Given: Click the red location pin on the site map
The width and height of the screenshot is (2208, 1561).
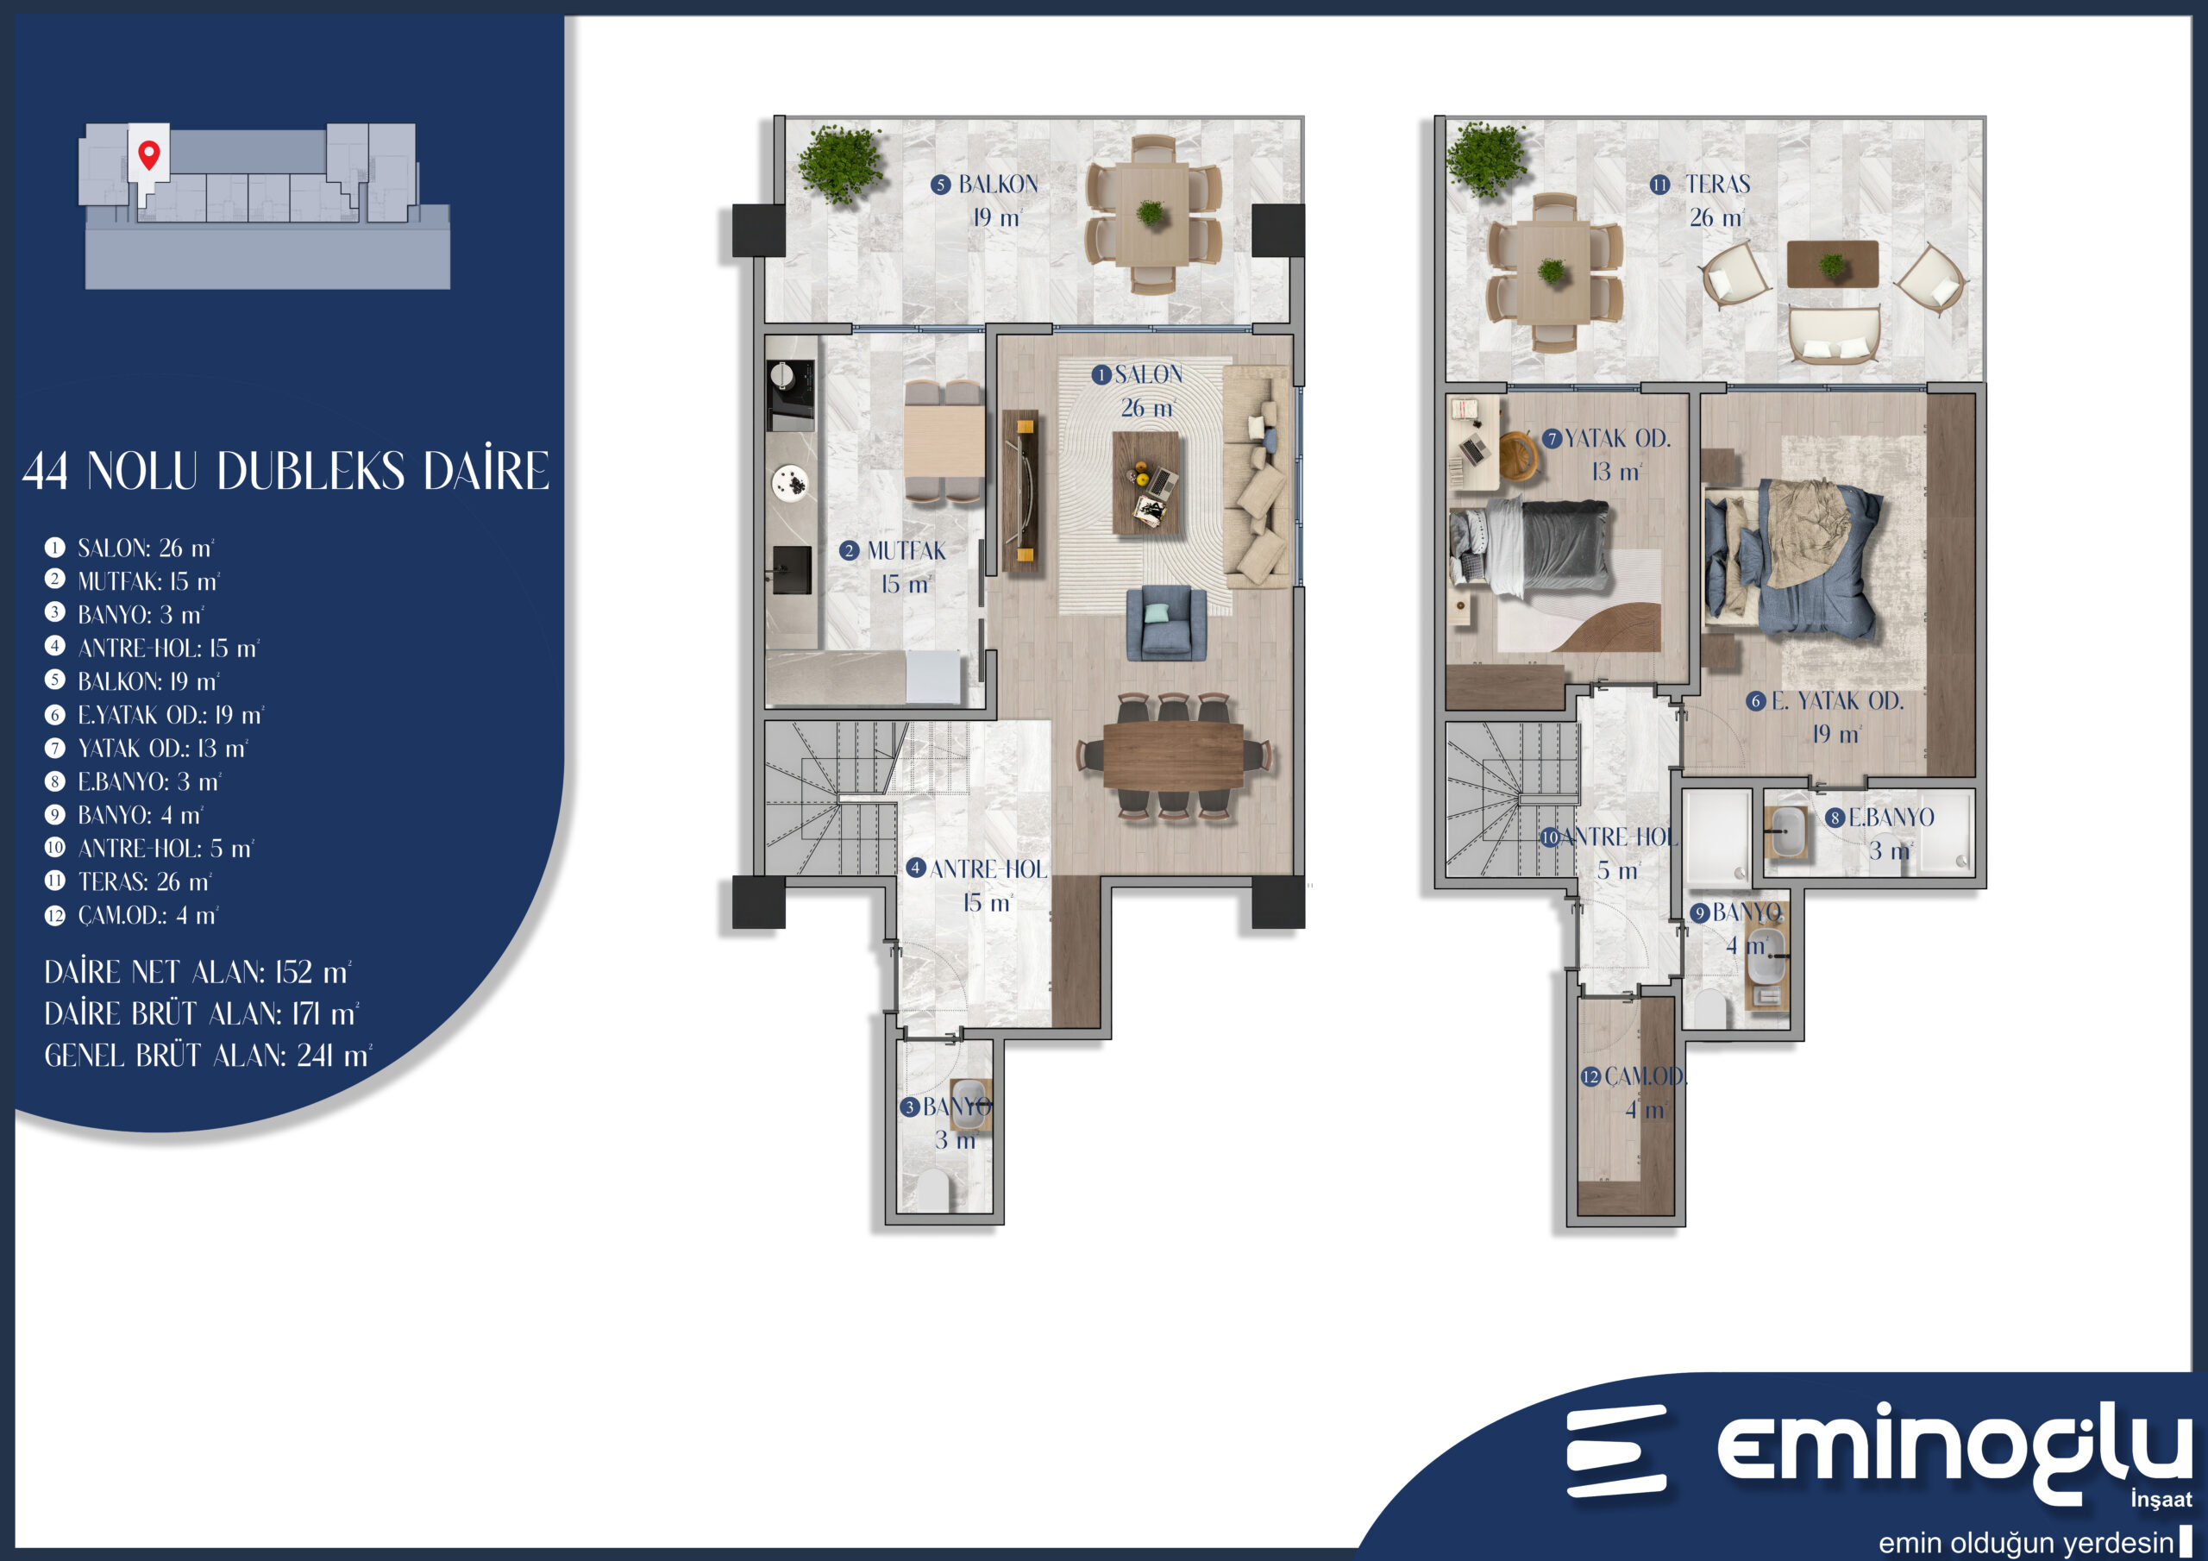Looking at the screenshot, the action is tap(148, 154).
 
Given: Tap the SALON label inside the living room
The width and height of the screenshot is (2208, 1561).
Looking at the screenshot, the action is tap(1148, 374).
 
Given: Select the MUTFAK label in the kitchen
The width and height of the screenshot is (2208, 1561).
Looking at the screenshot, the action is tap(906, 550).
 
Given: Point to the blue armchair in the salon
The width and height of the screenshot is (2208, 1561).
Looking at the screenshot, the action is tap(1166, 624).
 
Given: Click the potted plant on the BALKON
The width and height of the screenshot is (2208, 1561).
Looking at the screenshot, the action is tap(839, 164).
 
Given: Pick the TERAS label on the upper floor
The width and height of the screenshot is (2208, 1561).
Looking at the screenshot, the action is tap(1717, 184).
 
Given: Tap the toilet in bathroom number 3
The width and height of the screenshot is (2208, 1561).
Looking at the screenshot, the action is tap(933, 1191).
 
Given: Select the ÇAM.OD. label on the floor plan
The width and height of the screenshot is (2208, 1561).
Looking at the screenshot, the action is tap(1645, 1076).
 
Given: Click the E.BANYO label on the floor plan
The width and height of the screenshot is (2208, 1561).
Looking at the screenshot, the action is tap(1891, 818).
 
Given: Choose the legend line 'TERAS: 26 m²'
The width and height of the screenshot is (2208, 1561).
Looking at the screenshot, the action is tap(144, 881).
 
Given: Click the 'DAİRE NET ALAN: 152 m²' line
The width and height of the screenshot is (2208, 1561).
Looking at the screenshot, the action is tap(198, 972).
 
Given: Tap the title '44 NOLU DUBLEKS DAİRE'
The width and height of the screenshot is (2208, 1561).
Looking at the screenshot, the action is tap(285, 470).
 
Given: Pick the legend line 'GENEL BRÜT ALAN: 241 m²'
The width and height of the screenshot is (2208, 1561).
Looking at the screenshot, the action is tap(208, 1056).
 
